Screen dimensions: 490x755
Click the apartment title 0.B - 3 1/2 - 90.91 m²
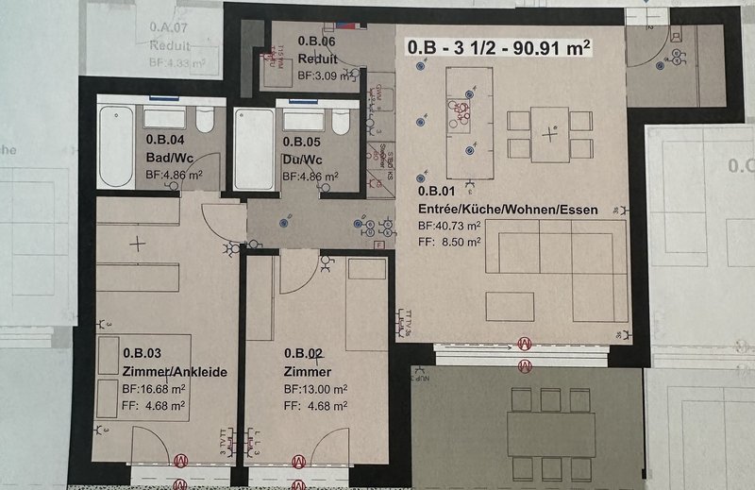499,48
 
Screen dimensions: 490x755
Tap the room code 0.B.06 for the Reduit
317,42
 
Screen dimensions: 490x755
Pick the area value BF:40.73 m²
449,226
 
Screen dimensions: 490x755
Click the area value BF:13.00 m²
316,388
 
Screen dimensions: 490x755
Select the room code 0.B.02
306,352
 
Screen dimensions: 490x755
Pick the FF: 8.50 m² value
449,242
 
